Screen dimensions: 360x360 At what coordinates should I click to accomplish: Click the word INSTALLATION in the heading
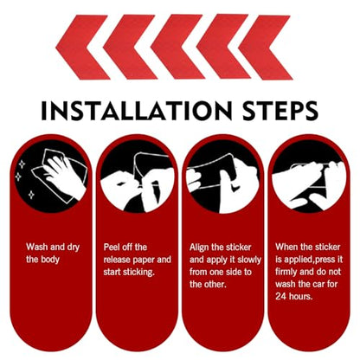137,111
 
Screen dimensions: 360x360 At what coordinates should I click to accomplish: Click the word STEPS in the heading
280,111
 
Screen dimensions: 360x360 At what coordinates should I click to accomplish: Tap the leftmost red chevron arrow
83,48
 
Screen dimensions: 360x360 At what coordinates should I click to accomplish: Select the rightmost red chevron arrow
266,48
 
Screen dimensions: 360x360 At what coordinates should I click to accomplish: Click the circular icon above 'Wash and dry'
50,176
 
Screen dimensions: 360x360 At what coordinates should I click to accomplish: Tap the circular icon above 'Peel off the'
138,176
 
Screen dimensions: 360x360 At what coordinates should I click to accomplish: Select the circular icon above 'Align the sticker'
223,176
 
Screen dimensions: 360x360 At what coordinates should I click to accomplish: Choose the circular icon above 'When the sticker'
309,176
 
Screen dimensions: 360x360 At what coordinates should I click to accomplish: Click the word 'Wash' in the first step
36,247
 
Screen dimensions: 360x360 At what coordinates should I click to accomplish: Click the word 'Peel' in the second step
111,247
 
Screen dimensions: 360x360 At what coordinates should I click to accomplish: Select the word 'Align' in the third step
199,247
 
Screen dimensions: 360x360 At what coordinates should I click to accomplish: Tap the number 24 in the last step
280,296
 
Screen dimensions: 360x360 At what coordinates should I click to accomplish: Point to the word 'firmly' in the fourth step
286,272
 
